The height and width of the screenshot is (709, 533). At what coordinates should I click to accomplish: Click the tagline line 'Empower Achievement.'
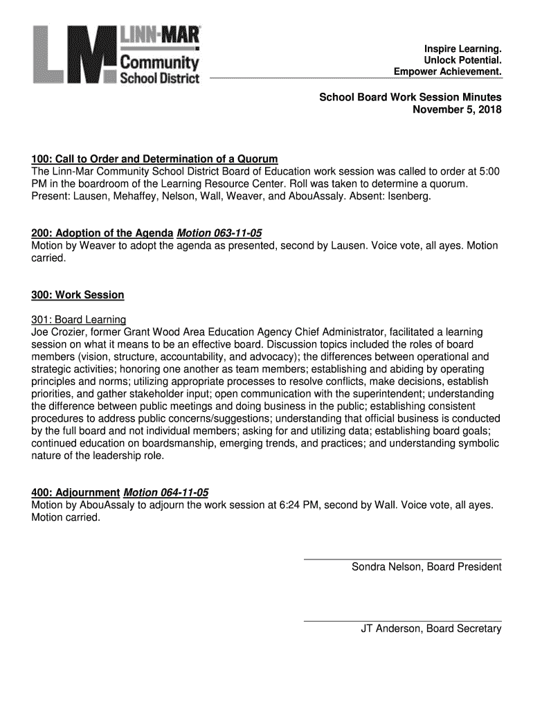(x=447, y=72)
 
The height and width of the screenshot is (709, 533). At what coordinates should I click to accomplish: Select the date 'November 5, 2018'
(x=457, y=110)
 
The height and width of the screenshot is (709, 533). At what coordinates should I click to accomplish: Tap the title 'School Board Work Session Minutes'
(x=410, y=98)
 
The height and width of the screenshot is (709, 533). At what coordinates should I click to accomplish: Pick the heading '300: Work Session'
(x=78, y=295)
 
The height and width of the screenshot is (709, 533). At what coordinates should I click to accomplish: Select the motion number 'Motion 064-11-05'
(x=165, y=493)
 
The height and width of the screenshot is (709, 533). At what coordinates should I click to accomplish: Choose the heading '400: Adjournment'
(x=75, y=493)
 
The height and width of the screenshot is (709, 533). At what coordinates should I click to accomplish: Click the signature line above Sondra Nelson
(x=403, y=559)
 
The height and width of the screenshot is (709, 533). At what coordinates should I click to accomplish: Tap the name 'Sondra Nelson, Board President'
(x=426, y=568)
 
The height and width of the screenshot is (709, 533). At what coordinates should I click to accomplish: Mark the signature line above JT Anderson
(x=403, y=620)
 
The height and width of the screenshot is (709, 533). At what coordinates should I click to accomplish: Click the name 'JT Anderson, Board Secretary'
(x=431, y=629)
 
